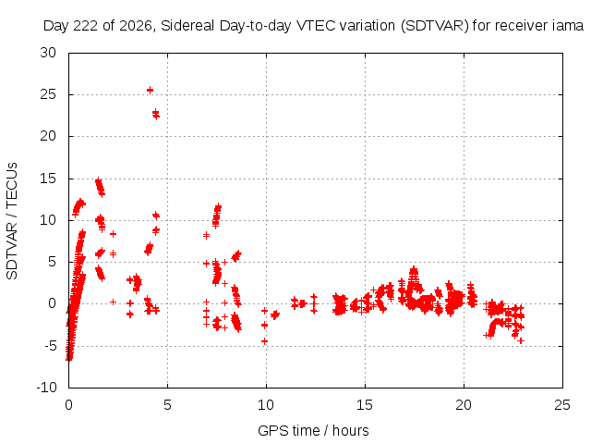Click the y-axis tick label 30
[x=48, y=53]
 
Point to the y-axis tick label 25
[x=48, y=94]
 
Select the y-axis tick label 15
[x=48, y=179]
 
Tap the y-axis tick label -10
[x=46, y=388]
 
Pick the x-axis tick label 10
[x=266, y=405]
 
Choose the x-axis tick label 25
[x=562, y=405]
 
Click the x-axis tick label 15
[x=365, y=405]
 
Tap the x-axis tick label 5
[x=167, y=405]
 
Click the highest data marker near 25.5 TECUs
[x=150, y=90]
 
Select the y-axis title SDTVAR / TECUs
[x=12, y=221]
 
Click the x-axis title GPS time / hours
[x=313, y=430]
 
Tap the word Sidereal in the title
[x=187, y=26]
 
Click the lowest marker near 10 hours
[x=265, y=341]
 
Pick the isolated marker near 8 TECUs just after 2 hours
[x=113, y=234]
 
